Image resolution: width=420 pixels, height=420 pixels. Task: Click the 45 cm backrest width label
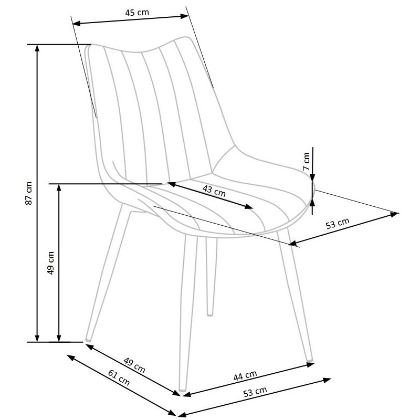coord(137,12)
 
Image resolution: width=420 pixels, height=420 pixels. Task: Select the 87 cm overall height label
coord(29,193)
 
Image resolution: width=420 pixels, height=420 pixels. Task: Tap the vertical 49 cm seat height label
coord(50,263)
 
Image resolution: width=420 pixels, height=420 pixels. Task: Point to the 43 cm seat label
coord(214,191)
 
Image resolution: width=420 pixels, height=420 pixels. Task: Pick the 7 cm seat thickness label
coord(306,162)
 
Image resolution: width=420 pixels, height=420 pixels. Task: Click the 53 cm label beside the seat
coord(338,224)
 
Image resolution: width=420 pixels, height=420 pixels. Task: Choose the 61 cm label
coord(119,377)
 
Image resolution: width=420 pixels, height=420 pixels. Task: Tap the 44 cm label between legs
coord(245,375)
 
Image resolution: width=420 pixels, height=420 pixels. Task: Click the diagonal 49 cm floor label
coord(134,365)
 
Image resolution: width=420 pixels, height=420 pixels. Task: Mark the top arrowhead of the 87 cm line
coord(37,48)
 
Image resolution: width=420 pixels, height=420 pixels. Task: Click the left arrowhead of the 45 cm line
coord(76,24)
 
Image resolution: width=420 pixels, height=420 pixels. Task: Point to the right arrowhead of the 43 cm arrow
coord(248,206)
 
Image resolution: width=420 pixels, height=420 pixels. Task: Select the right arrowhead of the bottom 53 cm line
coord(327,380)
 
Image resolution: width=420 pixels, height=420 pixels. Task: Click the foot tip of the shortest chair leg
coord(210,314)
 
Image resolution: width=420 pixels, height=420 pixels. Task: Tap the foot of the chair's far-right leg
coord(310,359)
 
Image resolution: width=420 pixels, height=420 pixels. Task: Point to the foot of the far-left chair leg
coord(88,340)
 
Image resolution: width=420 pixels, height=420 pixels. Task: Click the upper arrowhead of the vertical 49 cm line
coord(59,187)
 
